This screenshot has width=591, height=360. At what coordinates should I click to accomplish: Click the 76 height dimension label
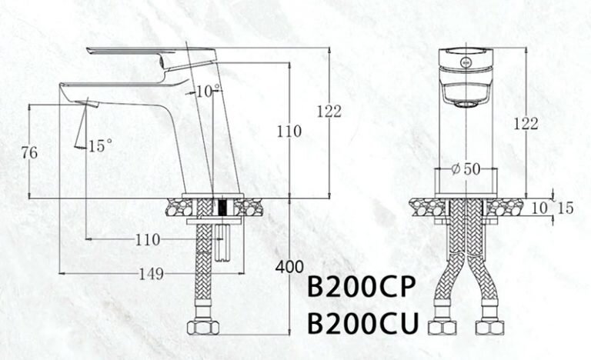click(30, 153)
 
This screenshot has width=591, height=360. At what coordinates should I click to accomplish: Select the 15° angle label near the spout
click(100, 145)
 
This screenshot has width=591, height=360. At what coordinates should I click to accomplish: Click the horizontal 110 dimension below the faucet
click(147, 240)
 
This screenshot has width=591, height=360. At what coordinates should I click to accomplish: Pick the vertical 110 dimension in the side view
click(289, 132)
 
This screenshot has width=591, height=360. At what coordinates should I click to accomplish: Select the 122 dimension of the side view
click(329, 112)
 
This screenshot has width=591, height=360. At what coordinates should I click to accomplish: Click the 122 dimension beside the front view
click(526, 124)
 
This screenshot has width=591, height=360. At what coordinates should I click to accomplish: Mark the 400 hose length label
click(289, 268)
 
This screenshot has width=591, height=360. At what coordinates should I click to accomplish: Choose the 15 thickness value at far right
click(566, 208)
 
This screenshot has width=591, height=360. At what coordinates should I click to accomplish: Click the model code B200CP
click(361, 288)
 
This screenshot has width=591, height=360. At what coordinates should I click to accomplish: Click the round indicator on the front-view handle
click(465, 59)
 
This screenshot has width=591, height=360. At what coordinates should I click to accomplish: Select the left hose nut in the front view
click(442, 326)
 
